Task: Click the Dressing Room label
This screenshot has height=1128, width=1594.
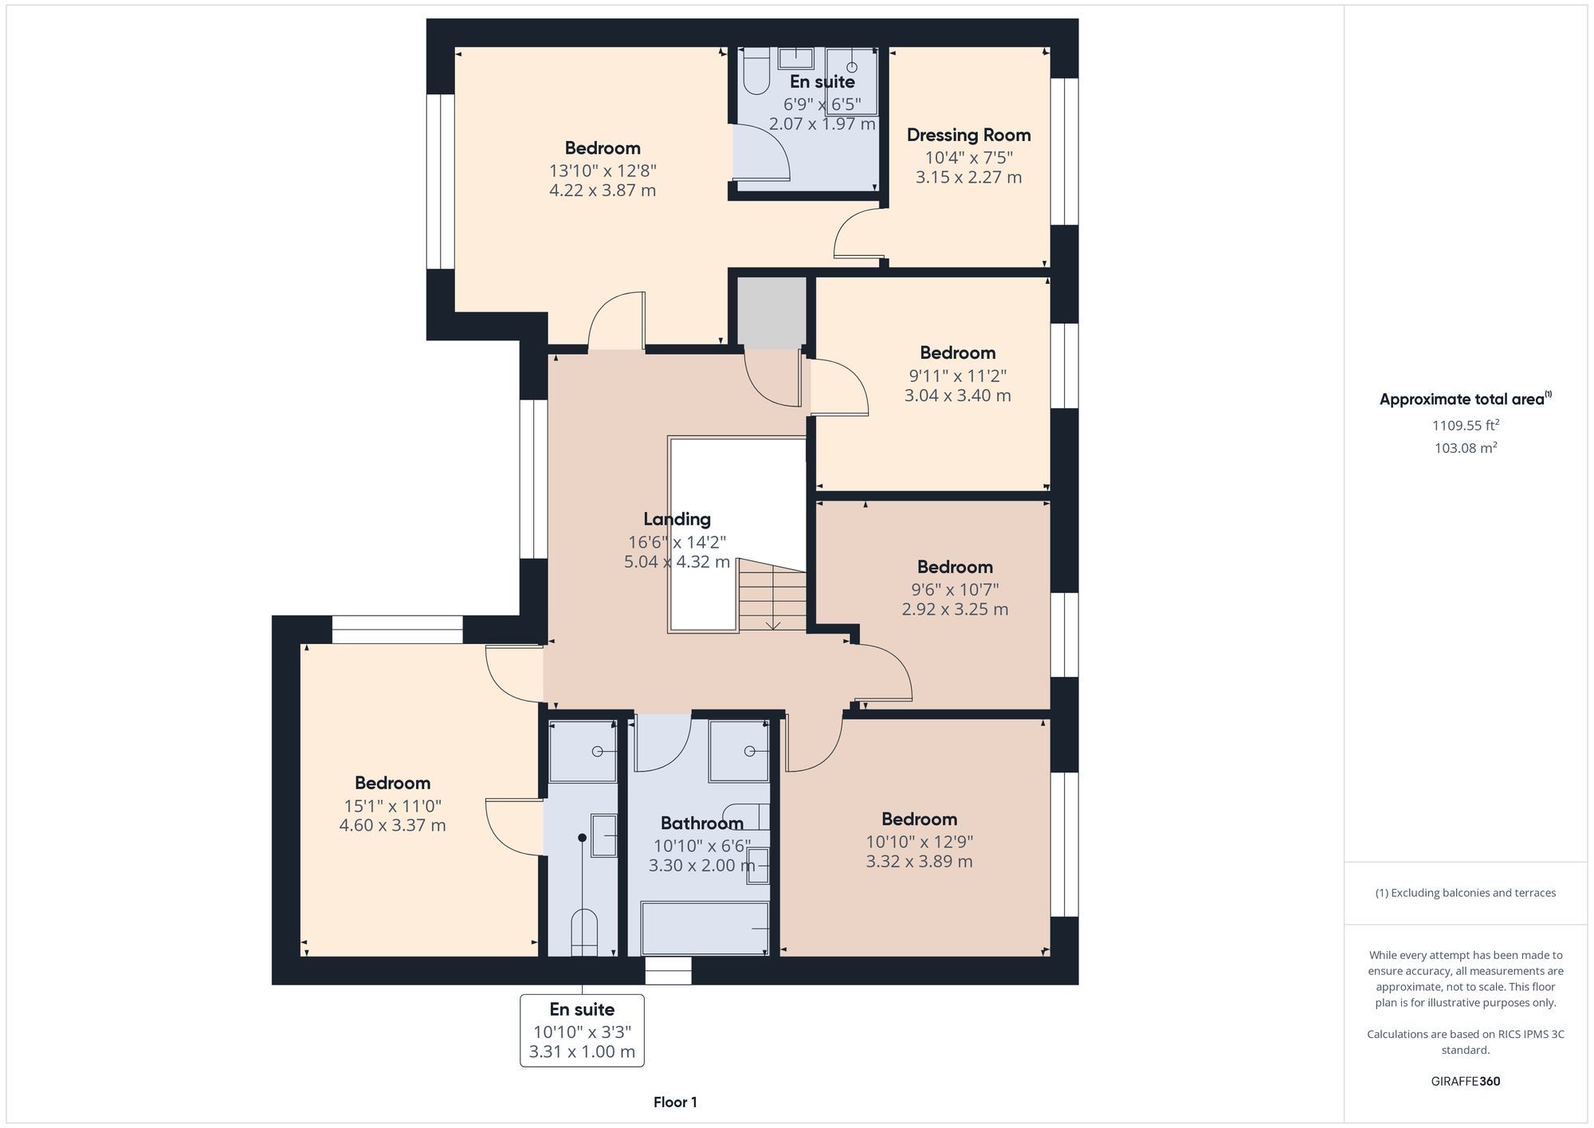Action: pos(968,135)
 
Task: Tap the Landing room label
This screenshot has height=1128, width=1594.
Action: pos(677,519)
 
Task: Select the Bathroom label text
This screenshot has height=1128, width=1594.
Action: pos(701,823)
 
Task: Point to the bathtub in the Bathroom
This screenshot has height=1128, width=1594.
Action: pos(705,928)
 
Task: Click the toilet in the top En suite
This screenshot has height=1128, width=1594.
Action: pos(754,72)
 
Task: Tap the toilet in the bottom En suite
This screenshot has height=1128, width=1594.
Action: pos(583,933)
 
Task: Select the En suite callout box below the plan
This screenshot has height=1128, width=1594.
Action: pos(582,1030)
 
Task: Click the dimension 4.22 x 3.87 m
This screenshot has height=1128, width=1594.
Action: pos(602,191)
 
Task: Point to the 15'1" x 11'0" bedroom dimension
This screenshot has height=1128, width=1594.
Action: pos(392,805)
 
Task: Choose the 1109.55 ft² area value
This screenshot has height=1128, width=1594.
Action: pos(1465,425)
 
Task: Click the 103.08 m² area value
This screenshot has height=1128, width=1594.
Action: pos(1465,448)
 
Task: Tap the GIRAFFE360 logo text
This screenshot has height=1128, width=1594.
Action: pos(1465,1081)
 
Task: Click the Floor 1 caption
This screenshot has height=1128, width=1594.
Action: pos(675,1102)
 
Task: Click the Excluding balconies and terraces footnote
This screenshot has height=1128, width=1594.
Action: pos(1465,893)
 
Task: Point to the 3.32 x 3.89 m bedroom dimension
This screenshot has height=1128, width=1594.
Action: pos(919,861)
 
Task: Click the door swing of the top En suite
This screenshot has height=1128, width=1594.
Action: pos(761,155)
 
